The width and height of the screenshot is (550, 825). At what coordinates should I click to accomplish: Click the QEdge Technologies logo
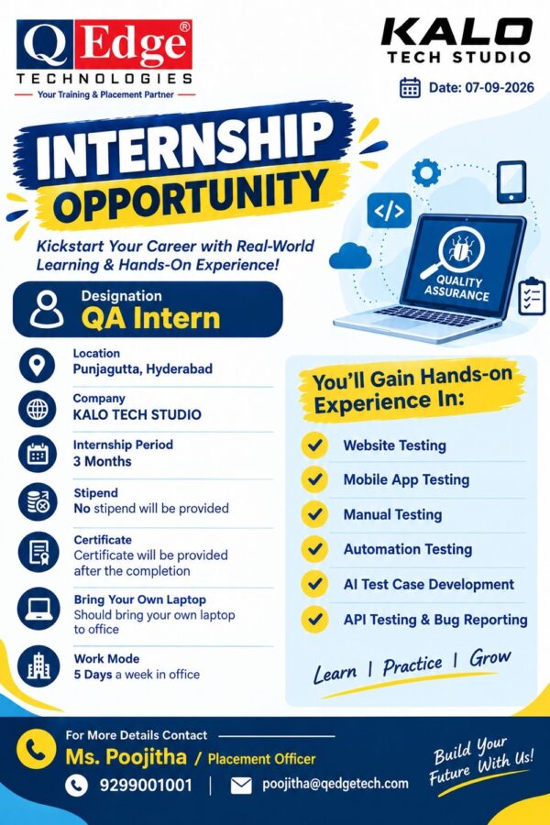click(104, 59)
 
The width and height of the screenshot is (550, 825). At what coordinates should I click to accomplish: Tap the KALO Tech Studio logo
click(456, 40)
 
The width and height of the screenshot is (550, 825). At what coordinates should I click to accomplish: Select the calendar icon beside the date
click(410, 88)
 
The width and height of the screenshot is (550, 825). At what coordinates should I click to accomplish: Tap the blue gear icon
click(426, 172)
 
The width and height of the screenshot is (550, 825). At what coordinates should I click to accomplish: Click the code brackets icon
click(389, 211)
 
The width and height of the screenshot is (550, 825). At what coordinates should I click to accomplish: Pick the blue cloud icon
click(350, 256)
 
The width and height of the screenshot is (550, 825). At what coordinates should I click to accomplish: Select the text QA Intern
click(150, 318)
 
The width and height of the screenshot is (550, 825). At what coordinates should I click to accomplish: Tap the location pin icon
click(37, 365)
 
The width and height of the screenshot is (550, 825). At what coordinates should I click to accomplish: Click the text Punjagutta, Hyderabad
click(143, 368)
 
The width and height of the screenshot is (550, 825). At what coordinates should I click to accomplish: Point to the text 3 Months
click(102, 461)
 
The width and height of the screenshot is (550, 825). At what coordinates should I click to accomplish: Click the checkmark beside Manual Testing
click(314, 514)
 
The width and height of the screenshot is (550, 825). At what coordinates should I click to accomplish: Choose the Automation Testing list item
click(408, 549)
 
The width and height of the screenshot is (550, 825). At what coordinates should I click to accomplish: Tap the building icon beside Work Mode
click(38, 666)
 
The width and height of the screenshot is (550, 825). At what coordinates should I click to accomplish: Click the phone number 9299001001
click(147, 786)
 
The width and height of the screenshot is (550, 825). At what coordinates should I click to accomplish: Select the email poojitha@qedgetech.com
click(335, 784)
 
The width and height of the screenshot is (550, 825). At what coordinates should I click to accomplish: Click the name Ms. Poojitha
click(126, 757)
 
